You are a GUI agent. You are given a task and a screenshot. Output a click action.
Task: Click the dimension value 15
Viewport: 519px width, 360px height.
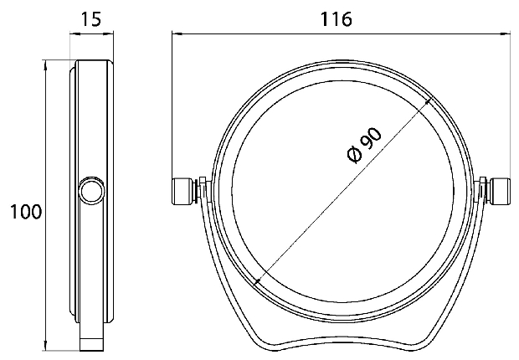point(91,19)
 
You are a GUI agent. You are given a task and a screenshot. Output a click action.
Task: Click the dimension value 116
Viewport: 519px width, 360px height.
point(336,19)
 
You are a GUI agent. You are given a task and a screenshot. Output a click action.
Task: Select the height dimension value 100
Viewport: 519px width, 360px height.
point(26,212)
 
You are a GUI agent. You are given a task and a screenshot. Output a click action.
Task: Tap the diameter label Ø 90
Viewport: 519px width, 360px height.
point(365,146)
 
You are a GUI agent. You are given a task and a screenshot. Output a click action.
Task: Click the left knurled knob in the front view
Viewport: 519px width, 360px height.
point(180,192)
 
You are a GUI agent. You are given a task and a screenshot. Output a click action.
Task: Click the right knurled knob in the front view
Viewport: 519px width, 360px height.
point(498,192)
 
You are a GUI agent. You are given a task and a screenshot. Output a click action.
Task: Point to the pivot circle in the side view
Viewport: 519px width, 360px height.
point(91,192)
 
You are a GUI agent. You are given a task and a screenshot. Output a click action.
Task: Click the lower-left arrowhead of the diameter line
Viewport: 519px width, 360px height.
point(258,280)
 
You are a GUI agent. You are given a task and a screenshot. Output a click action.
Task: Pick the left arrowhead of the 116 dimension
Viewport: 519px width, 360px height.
point(177,33)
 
